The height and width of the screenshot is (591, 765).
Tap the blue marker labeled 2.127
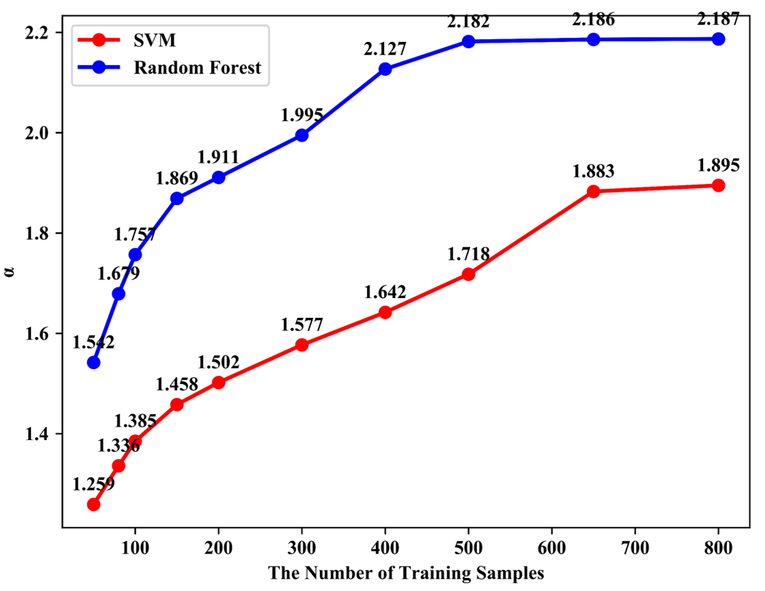point(385,69)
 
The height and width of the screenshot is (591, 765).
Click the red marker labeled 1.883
point(593,191)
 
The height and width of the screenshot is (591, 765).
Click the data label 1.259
point(93,484)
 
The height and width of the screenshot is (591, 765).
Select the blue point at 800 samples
point(719,39)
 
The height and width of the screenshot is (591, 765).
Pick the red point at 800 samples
point(719,185)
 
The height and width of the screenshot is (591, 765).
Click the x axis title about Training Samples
point(406,573)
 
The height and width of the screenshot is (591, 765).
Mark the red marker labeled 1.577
point(302,345)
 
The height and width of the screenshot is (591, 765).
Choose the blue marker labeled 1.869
point(177,198)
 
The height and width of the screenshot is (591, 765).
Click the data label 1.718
point(468,254)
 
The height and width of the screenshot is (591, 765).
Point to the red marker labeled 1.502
point(219,383)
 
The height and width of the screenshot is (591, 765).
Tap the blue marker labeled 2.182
point(468,41)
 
